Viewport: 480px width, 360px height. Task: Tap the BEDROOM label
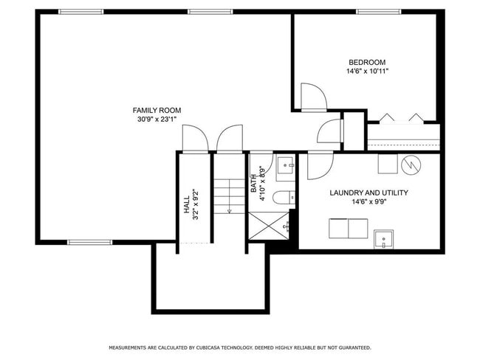click(367, 62)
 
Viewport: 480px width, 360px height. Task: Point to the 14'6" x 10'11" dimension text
click(367, 72)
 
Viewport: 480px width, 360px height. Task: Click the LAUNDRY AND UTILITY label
click(368, 193)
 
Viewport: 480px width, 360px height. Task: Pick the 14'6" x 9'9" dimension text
click(368, 202)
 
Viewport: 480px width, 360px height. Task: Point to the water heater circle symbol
click(410, 164)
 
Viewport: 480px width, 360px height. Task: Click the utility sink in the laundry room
click(383, 239)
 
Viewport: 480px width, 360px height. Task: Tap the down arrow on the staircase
click(229, 210)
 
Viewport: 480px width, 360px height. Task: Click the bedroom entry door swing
click(312, 96)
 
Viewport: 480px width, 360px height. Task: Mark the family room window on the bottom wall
click(90, 242)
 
